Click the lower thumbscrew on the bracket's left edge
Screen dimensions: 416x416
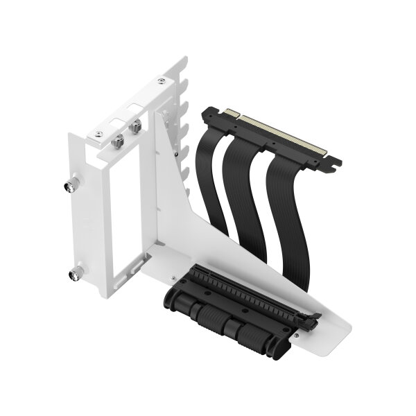click(x=73, y=275)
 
